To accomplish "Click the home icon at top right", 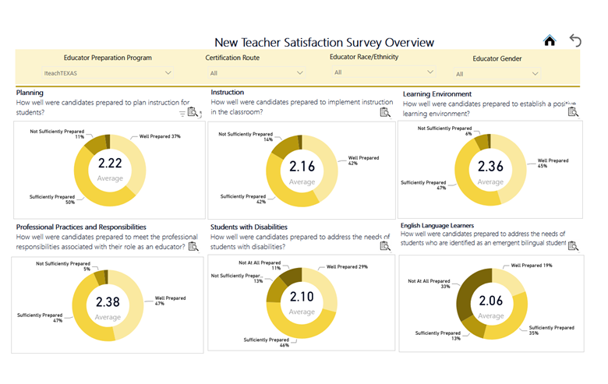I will (x=550, y=41).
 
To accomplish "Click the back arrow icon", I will (x=575, y=41).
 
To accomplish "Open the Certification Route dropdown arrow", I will (x=300, y=73).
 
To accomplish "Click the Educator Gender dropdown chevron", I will (x=535, y=74).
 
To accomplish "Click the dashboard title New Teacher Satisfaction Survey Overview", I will (x=323, y=42).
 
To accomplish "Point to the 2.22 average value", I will (x=110, y=163).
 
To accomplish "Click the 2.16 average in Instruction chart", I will (x=302, y=166).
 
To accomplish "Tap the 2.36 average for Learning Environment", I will (x=491, y=166).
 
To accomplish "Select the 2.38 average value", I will (x=108, y=301).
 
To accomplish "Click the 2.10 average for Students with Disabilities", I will (x=302, y=297).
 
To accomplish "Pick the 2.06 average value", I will (x=492, y=300).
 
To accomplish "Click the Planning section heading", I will (x=30, y=92).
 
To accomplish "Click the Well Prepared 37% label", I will (x=160, y=136).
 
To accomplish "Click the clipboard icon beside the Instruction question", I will (x=384, y=112).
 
